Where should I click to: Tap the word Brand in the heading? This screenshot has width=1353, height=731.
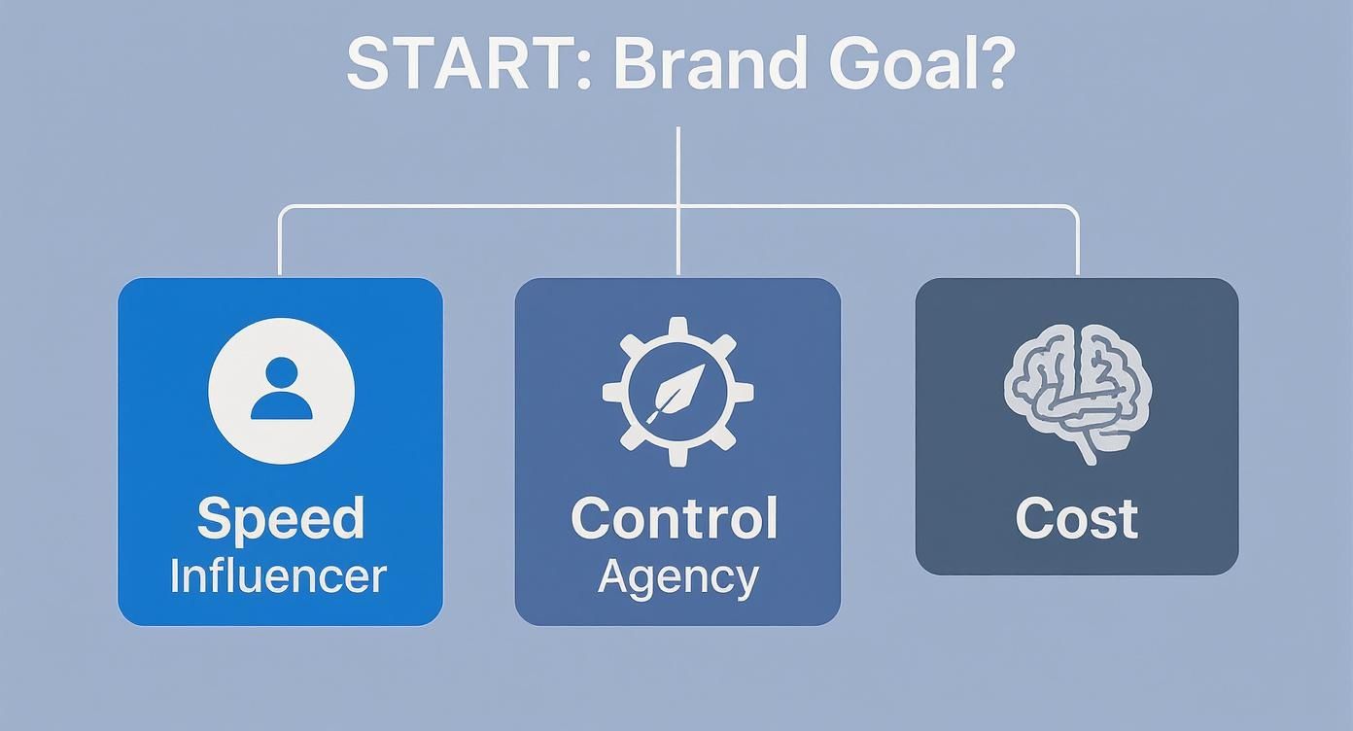click(x=711, y=64)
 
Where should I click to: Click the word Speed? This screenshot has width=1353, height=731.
click(x=280, y=519)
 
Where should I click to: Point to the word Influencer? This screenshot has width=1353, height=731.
click(x=278, y=575)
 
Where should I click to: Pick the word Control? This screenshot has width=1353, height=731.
click(x=675, y=518)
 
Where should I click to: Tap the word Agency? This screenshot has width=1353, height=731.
click(x=677, y=577)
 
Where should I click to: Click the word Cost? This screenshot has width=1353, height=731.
click(x=1076, y=518)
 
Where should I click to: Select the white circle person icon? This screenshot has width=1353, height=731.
click(x=281, y=391)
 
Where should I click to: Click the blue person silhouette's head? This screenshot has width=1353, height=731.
click(x=281, y=373)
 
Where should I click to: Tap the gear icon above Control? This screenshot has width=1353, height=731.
click(x=677, y=392)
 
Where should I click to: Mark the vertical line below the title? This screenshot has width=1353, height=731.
click(x=677, y=165)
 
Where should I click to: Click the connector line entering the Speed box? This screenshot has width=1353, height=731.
click(x=280, y=243)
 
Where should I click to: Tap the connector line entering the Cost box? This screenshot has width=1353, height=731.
click(x=1077, y=243)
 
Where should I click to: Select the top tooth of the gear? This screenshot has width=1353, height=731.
click(x=677, y=327)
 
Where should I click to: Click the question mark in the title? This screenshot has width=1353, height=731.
click(x=992, y=64)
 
